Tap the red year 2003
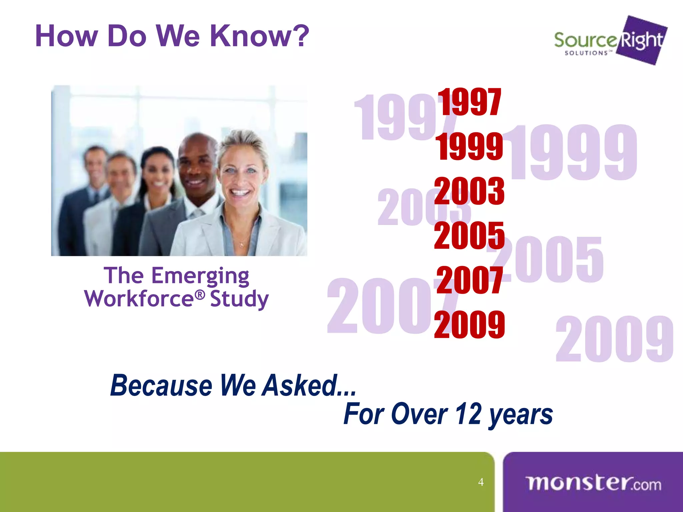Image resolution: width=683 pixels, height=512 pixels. pyautogui.click(x=469, y=191)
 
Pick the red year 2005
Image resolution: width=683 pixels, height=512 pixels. pyautogui.click(x=469, y=235)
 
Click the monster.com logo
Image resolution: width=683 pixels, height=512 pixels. pyautogui.click(x=593, y=483)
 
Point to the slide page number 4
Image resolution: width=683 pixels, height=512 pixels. pyautogui.click(x=481, y=482)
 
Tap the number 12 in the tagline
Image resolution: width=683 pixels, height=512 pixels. pyautogui.click(x=468, y=414)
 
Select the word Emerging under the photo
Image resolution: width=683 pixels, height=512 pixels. pyautogui.click(x=200, y=276)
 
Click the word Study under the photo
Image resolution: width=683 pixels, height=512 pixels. pyautogui.click(x=239, y=299)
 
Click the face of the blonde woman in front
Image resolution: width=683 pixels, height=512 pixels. pyautogui.click(x=241, y=173)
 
